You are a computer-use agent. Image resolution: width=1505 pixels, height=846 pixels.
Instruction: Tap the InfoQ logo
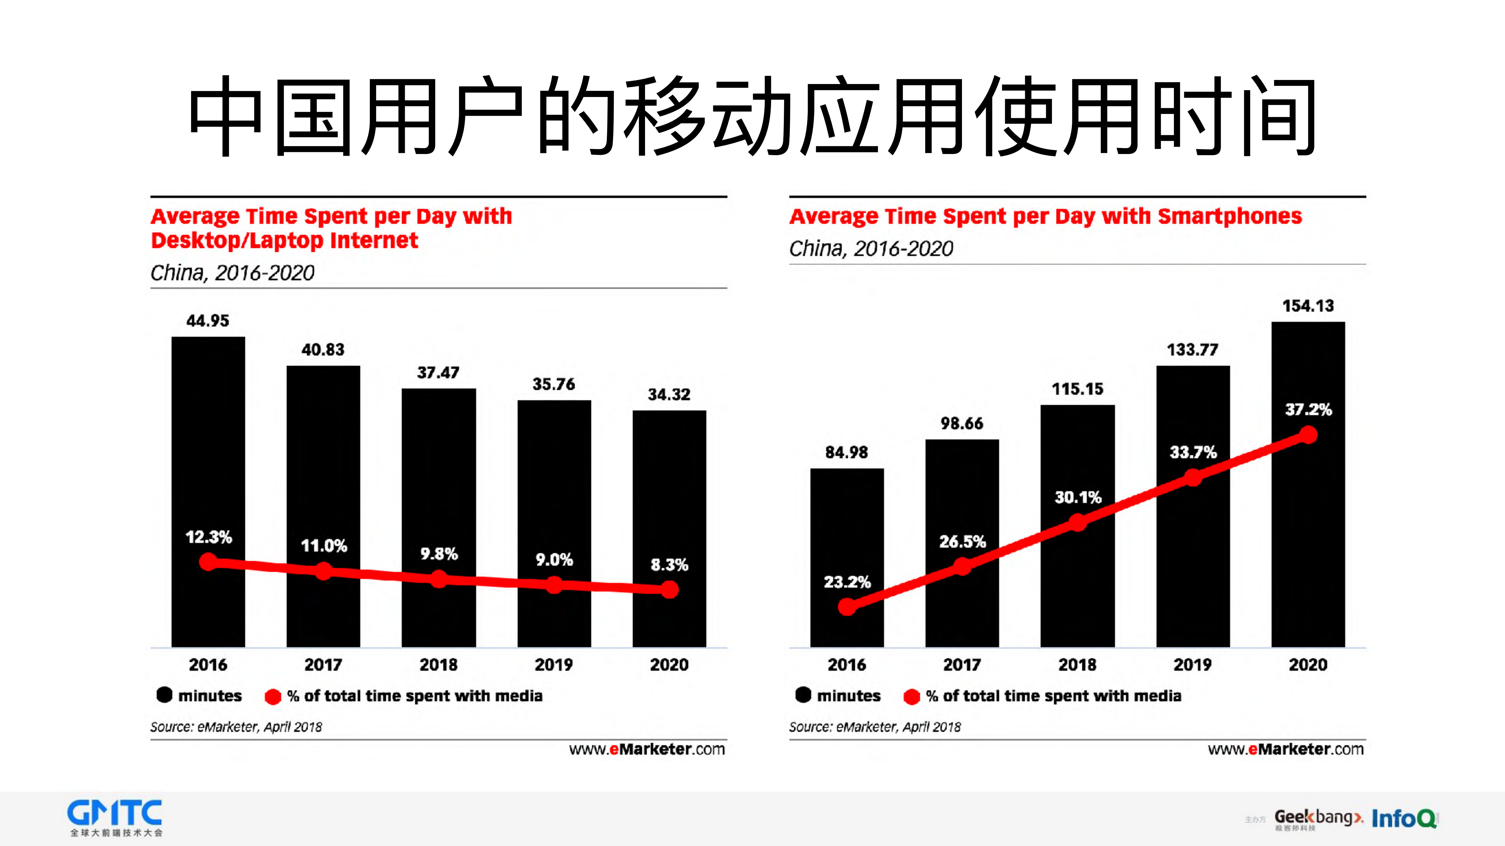(1403, 819)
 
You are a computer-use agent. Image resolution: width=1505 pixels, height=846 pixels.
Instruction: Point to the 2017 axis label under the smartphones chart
(962, 664)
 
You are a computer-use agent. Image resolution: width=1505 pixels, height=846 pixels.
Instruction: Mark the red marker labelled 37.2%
(1308, 435)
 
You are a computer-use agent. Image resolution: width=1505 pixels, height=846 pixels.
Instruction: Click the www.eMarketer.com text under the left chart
(647, 749)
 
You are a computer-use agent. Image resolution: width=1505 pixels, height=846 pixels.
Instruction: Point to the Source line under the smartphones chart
(875, 727)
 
